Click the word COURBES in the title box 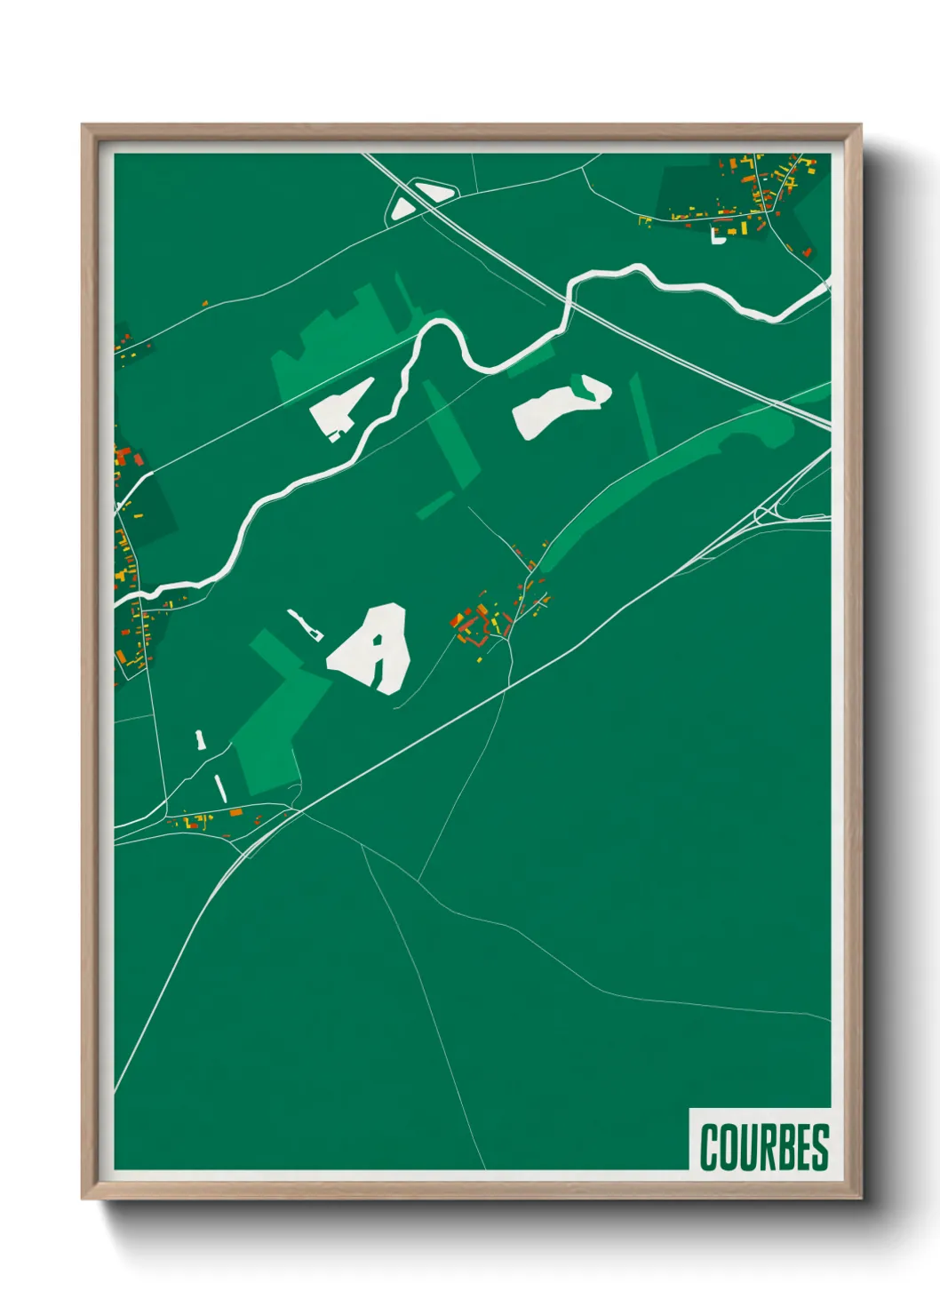coord(763,1146)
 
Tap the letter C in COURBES coord(710,1146)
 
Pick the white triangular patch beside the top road coord(402,210)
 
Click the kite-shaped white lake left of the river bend coord(341,407)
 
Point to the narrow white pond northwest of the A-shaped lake coord(304,623)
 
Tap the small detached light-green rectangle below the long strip coord(435,505)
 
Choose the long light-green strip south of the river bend coord(451,435)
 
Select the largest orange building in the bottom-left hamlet coord(235,812)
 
